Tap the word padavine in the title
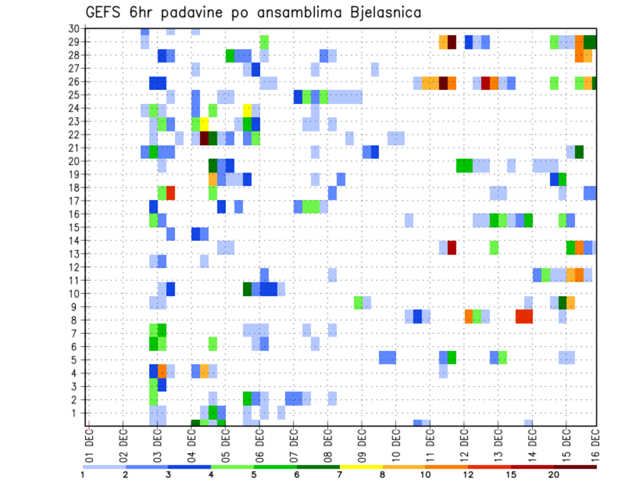195,12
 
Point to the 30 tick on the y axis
74,28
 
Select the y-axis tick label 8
77,320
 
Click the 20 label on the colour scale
554,475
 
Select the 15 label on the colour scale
511,475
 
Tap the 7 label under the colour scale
340,475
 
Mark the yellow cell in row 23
204,122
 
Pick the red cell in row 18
171,192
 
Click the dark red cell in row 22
204,138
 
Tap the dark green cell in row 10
247,288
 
